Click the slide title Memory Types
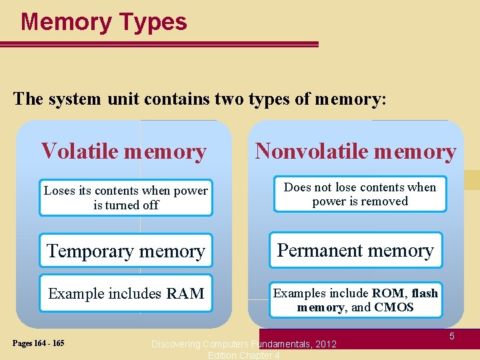click(x=104, y=22)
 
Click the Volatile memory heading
click(x=123, y=151)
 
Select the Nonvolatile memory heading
click(x=355, y=151)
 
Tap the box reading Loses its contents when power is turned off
click(x=126, y=198)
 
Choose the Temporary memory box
click(x=125, y=251)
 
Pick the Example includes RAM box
click(x=125, y=293)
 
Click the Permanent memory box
click(x=355, y=250)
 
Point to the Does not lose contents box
click(x=360, y=194)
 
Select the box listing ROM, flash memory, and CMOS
click(x=355, y=300)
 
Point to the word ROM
click(x=387, y=293)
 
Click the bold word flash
click(x=425, y=293)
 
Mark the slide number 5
click(x=451, y=337)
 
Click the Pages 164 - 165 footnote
click(x=38, y=343)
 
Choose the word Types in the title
click(x=153, y=22)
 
